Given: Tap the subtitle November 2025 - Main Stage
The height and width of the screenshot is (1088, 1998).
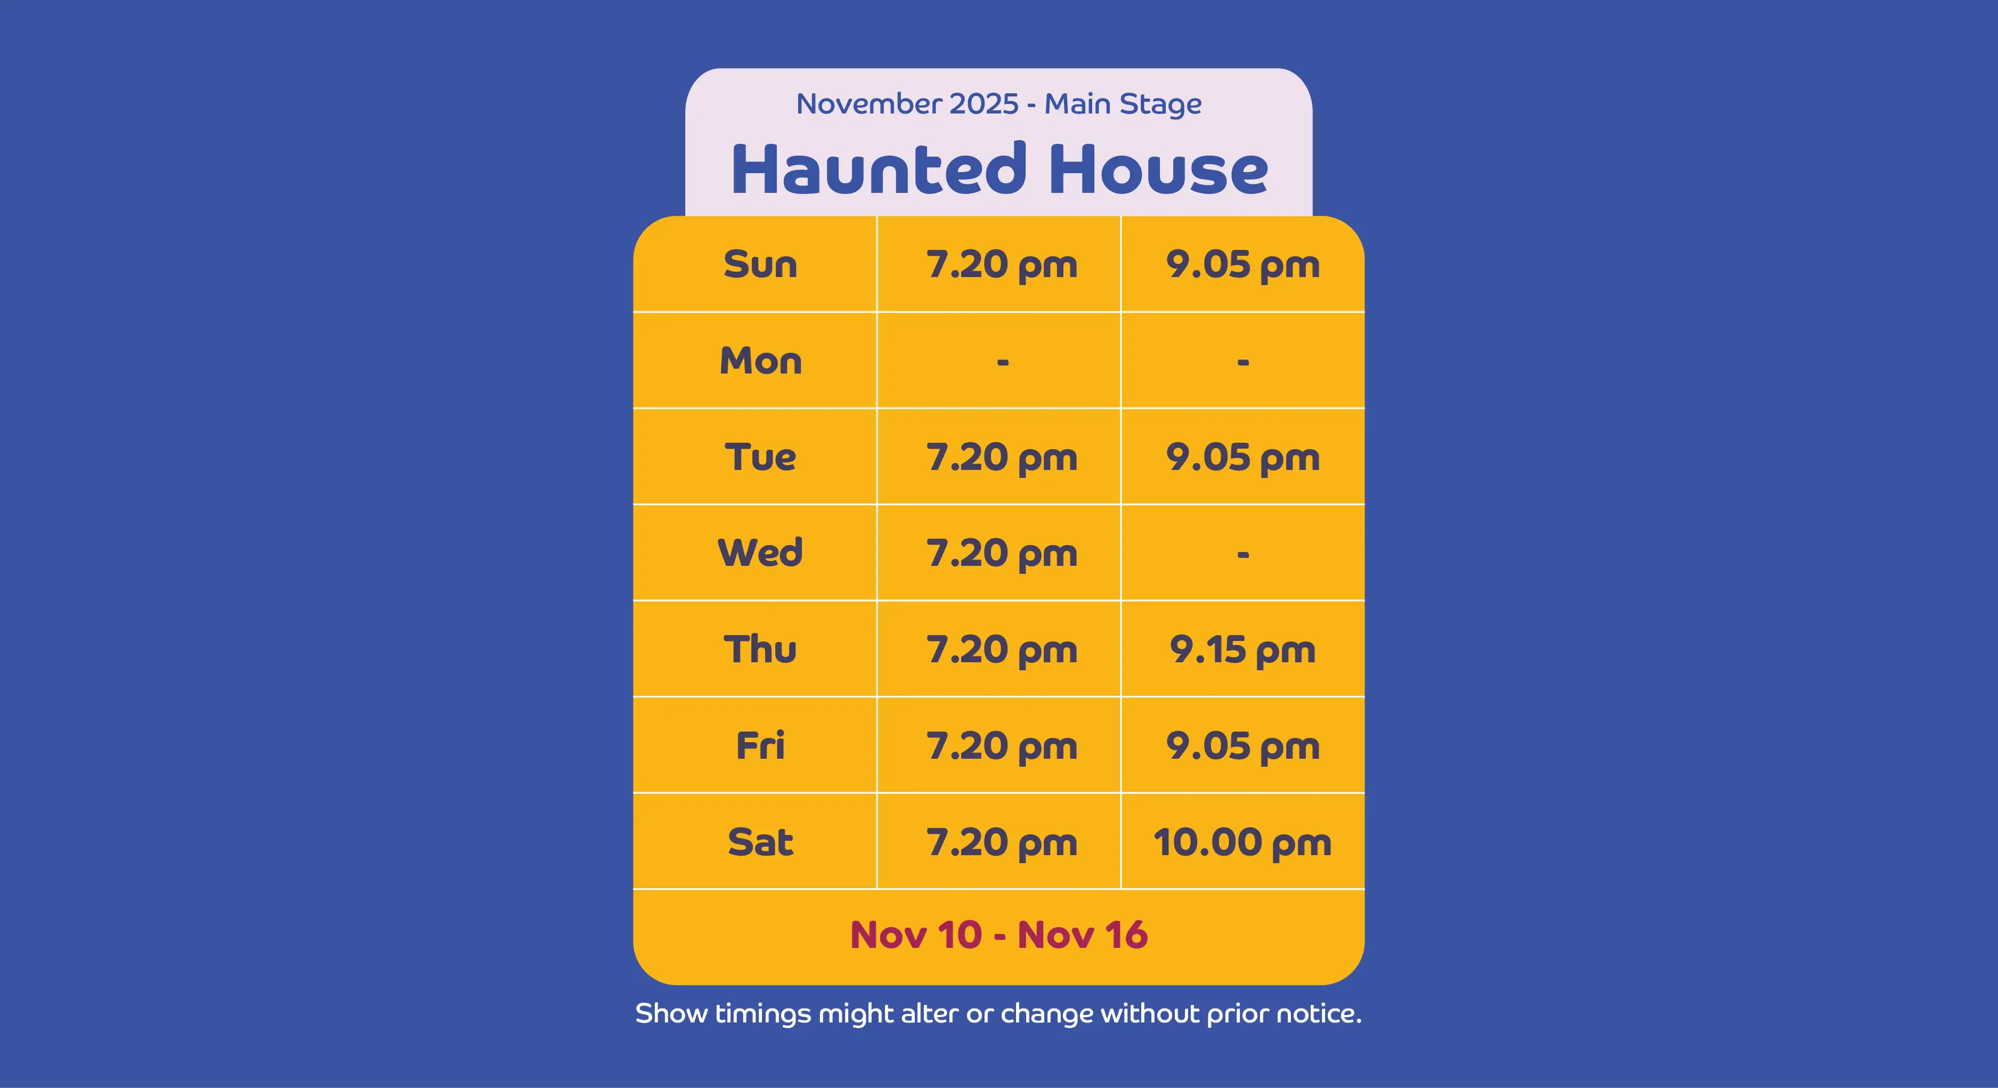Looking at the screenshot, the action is tap(999, 104).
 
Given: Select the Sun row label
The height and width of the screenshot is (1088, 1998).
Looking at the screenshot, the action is tap(760, 264).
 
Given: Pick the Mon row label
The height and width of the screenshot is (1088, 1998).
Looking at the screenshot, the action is tap(760, 361).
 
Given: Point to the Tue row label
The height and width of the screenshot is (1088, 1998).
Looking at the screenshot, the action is tap(760, 457).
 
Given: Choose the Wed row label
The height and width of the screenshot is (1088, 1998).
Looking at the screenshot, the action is tap(760, 553).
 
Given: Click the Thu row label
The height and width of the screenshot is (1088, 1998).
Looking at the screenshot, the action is tap(760, 649).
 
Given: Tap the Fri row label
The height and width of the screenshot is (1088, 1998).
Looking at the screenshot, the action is tap(760, 745).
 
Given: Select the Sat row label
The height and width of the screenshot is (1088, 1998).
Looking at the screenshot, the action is tap(760, 841).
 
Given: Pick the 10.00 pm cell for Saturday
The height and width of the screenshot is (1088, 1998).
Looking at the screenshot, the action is tap(1242, 842).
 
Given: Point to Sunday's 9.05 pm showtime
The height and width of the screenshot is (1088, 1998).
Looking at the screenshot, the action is tap(1242, 265).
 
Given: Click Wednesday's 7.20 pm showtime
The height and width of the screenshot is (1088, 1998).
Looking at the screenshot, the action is tap(1002, 554).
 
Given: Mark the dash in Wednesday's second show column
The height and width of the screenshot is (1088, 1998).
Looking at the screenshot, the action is tap(1242, 555).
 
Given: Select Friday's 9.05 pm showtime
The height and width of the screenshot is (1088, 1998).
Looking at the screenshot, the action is tap(1242, 746).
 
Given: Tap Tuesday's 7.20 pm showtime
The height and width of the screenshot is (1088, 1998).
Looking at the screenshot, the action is tap(1002, 458).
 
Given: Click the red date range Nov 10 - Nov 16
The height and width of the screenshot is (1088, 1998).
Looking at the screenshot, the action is tap(999, 935).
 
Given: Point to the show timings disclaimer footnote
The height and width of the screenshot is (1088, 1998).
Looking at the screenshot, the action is tap(999, 1013).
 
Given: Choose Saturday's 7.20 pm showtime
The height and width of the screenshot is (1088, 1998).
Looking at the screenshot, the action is tap(1002, 842).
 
